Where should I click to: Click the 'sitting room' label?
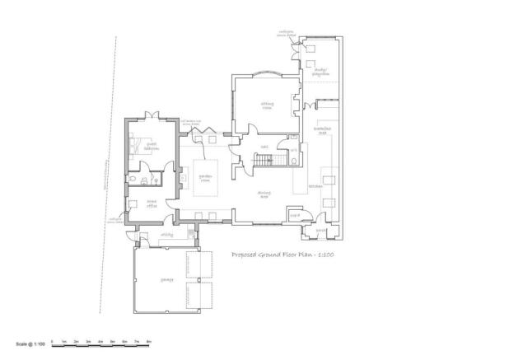(266, 105)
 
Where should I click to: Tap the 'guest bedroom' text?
(152, 148)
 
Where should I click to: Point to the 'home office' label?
(152, 206)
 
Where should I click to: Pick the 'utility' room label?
(166, 235)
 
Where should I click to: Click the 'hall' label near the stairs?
(264, 147)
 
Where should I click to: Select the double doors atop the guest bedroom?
(151, 116)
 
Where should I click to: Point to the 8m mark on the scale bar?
(149, 339)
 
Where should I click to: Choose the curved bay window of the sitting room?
(265, 76)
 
